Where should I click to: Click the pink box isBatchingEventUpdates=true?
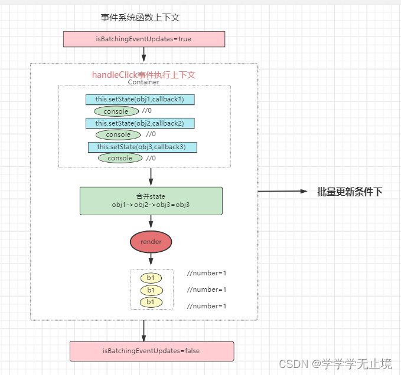coord(144,40)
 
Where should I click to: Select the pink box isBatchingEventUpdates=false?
coord(152,351)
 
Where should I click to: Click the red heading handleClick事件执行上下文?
coord(144,75)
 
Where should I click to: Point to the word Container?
coord(144,83)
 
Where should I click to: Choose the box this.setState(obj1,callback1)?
coord(140,100)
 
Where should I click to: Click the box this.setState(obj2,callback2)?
coord(140,123)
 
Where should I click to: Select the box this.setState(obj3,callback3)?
coord(142,147)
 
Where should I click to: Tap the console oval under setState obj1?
coord(116,111)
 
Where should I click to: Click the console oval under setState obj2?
coord(118,134)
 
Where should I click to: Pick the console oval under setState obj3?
coord(120,158)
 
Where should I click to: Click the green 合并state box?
coord(151,200)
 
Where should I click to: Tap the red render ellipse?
coord(151,241)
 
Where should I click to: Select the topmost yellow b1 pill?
coord(151,278)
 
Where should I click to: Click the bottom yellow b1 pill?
coord(151,302)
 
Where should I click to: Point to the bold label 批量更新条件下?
coord(350,192)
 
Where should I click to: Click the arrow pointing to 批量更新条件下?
coord(283,192)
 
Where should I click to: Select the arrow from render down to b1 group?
coord(151,259)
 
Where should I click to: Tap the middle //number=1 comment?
coord(207,290)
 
